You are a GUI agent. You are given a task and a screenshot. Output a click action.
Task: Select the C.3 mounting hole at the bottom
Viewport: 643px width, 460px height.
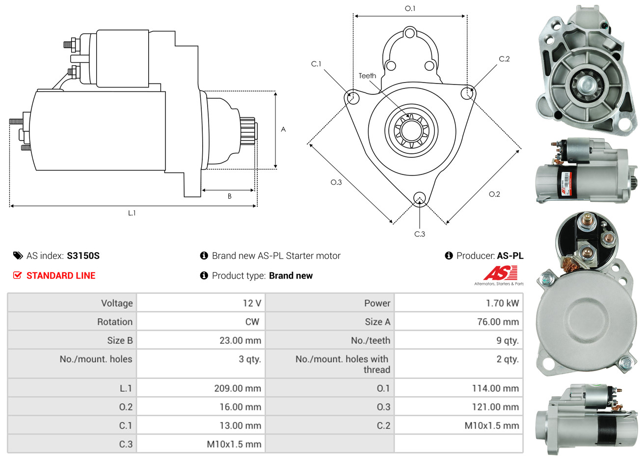point(419,198)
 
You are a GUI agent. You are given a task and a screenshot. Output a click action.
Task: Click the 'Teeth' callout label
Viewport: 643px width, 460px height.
point(367,76)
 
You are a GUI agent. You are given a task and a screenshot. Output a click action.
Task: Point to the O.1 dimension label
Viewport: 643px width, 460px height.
point(410,8)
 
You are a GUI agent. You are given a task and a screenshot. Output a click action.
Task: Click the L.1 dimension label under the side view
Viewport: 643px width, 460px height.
point(132,213)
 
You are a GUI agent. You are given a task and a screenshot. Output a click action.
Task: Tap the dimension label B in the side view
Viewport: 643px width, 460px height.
point(229,196)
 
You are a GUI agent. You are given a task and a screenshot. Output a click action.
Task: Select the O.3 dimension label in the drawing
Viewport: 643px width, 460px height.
point(336,182)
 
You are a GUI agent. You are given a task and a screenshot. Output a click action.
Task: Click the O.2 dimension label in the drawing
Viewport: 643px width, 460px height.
point(494,194)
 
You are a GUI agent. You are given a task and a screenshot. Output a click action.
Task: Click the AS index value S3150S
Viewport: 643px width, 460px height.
point(83,256)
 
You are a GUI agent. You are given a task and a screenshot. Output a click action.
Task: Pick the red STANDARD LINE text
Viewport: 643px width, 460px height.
point(61,276)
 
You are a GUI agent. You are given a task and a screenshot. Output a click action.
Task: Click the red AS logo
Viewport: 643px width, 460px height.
point(500,273)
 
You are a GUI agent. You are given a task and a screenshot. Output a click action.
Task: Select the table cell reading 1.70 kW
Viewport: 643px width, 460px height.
point(502,303)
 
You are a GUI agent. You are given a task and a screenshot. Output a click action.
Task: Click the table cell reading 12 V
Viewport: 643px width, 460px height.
point(252,303)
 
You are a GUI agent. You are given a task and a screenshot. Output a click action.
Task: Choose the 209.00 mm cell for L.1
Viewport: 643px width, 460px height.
point(238,388)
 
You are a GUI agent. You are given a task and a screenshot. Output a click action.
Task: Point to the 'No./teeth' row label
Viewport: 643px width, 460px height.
point(371,341)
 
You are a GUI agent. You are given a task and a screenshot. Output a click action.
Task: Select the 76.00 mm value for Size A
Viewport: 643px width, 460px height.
point(498,322)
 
